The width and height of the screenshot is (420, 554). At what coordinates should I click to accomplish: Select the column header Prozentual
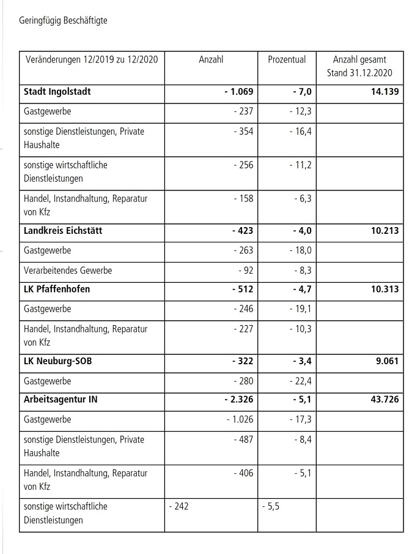point(287,60)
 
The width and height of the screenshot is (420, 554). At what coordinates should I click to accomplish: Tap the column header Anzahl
point(211,60)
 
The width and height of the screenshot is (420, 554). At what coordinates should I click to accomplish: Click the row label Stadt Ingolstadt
point(57,92)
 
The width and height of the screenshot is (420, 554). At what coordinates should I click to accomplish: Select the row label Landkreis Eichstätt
point(63,231)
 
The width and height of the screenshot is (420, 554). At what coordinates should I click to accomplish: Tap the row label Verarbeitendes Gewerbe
point(67,270)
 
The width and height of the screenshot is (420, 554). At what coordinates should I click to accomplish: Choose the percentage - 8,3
point(301,270)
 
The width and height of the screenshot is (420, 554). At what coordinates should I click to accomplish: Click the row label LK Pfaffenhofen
point(56,289)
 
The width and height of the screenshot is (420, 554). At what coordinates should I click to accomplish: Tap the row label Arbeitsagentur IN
point(61,400)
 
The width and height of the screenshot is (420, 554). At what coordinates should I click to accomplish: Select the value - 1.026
point(237,420)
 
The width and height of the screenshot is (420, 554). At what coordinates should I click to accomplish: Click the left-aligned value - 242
point(179,507)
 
